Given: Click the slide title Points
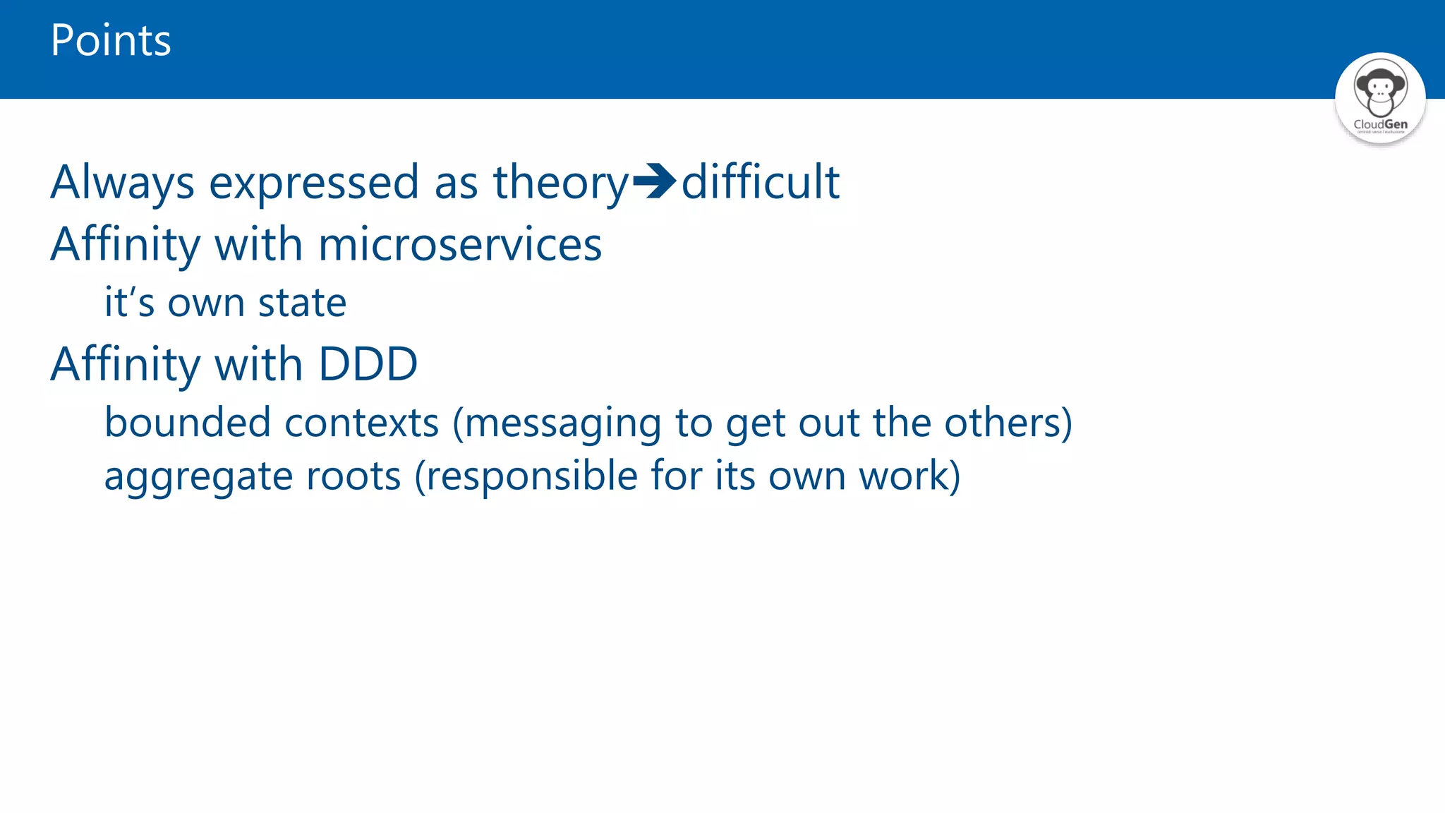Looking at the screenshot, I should (111, 40).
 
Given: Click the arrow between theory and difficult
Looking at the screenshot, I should (654, 181).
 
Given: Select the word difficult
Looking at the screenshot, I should (760, 181).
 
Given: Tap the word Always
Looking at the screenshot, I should (122, 183).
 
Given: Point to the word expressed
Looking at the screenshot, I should (314, 183).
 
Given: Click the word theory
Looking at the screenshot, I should (560, 183).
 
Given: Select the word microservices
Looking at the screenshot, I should (460, 244).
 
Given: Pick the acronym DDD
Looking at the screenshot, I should (368, 364).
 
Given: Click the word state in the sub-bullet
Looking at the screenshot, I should (302, 303).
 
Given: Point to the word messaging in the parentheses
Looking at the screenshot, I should (562, 423).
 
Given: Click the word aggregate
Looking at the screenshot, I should (198, 476).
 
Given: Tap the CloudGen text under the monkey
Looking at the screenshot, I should (1380, 124).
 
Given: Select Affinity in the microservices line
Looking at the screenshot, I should (126, 244).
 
